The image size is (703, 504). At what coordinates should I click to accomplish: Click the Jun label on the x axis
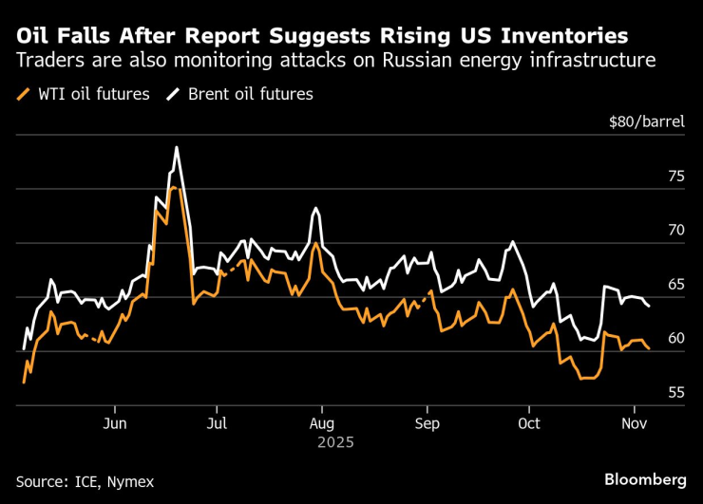point(115,423)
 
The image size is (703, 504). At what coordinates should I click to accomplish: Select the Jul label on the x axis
point(218,423)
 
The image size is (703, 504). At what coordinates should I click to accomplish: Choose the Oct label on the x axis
point(529,423)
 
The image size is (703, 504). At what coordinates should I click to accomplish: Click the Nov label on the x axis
point(634,423)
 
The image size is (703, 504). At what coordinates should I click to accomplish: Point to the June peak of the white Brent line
point(177,147)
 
